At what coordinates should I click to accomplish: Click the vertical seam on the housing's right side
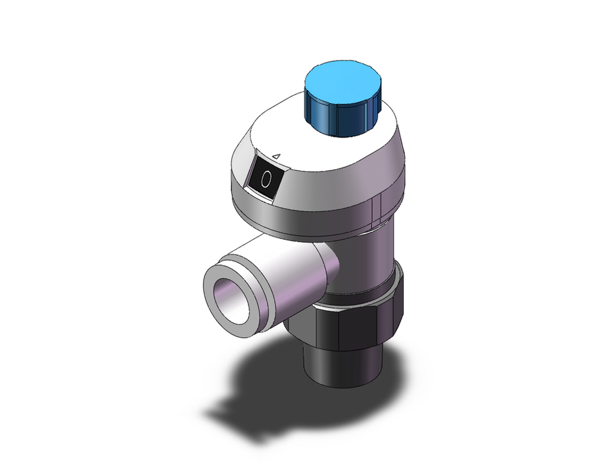382,206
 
